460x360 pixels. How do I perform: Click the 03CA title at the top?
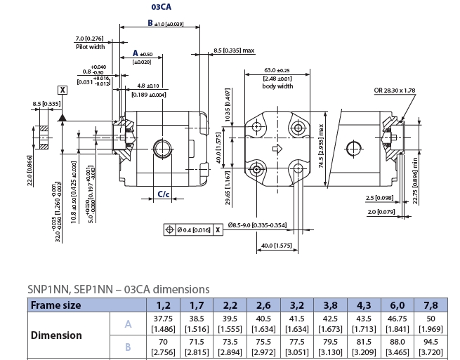point(161,7)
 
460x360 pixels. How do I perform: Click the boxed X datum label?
point(63,90)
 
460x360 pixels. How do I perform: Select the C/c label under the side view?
point(163,194)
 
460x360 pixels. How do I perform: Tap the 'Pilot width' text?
point(90,46)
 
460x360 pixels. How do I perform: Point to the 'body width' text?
point(277,86)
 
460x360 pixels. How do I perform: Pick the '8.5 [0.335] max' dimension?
point(234,51)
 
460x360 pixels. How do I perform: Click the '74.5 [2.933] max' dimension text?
point(321,145)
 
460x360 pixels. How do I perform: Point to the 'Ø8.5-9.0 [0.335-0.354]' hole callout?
point(258,225)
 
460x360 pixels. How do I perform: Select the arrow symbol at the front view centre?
point(277,148)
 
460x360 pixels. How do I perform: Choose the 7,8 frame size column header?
point(431,305)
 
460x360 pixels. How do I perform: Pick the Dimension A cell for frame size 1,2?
point(163,324)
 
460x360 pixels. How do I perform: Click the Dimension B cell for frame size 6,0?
point(397,346)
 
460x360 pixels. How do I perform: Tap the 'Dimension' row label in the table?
point(56,335)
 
